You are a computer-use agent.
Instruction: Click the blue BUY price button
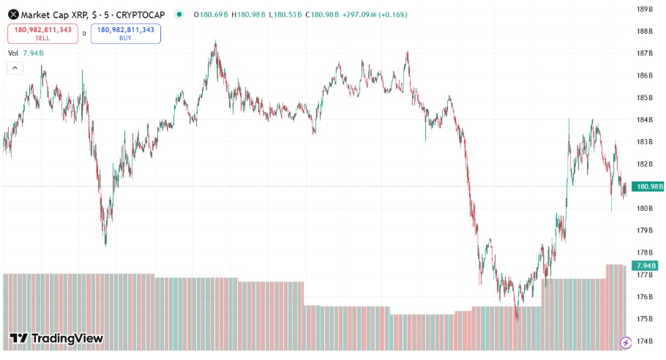point(125,33)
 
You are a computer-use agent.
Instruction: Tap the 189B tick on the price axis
point(645,10)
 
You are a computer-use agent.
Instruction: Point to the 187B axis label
point(645,53)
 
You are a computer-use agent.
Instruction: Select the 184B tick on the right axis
point(645,120)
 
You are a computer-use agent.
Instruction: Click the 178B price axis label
point(645,252)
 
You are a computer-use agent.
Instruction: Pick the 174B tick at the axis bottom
point(645,341)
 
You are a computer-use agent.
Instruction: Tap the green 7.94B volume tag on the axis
point(646,266)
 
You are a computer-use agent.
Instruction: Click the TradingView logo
point(56,338)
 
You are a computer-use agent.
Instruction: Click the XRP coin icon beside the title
point(13,15)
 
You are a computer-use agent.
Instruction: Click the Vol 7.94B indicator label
point(26,53)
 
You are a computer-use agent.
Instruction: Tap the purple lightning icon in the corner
point(626,342)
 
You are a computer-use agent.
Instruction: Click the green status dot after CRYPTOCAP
point(179,15)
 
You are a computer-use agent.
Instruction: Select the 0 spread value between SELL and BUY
point(83,33)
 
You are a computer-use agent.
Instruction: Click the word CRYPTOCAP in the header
point(141,15)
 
